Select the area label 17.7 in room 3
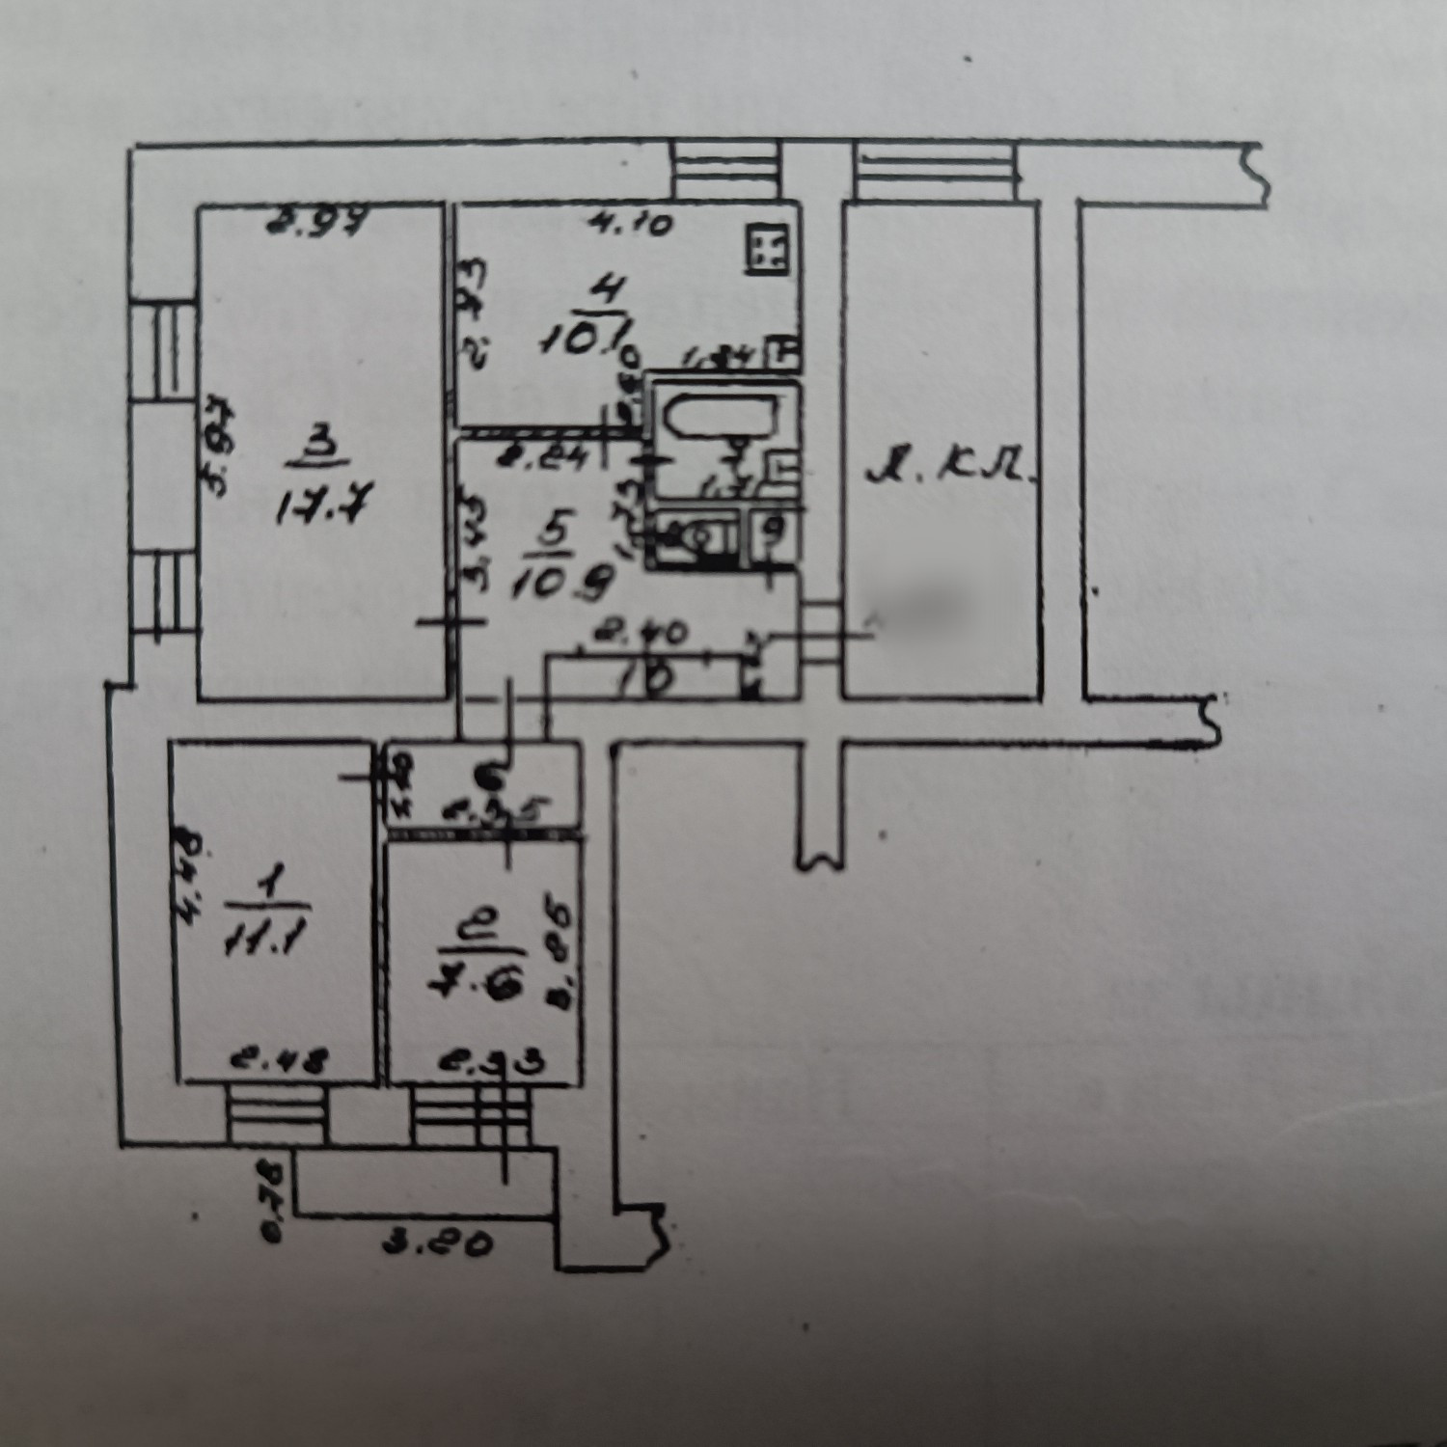point(317,505)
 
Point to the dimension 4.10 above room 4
point(631,224)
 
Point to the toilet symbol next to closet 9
point(696,535)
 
